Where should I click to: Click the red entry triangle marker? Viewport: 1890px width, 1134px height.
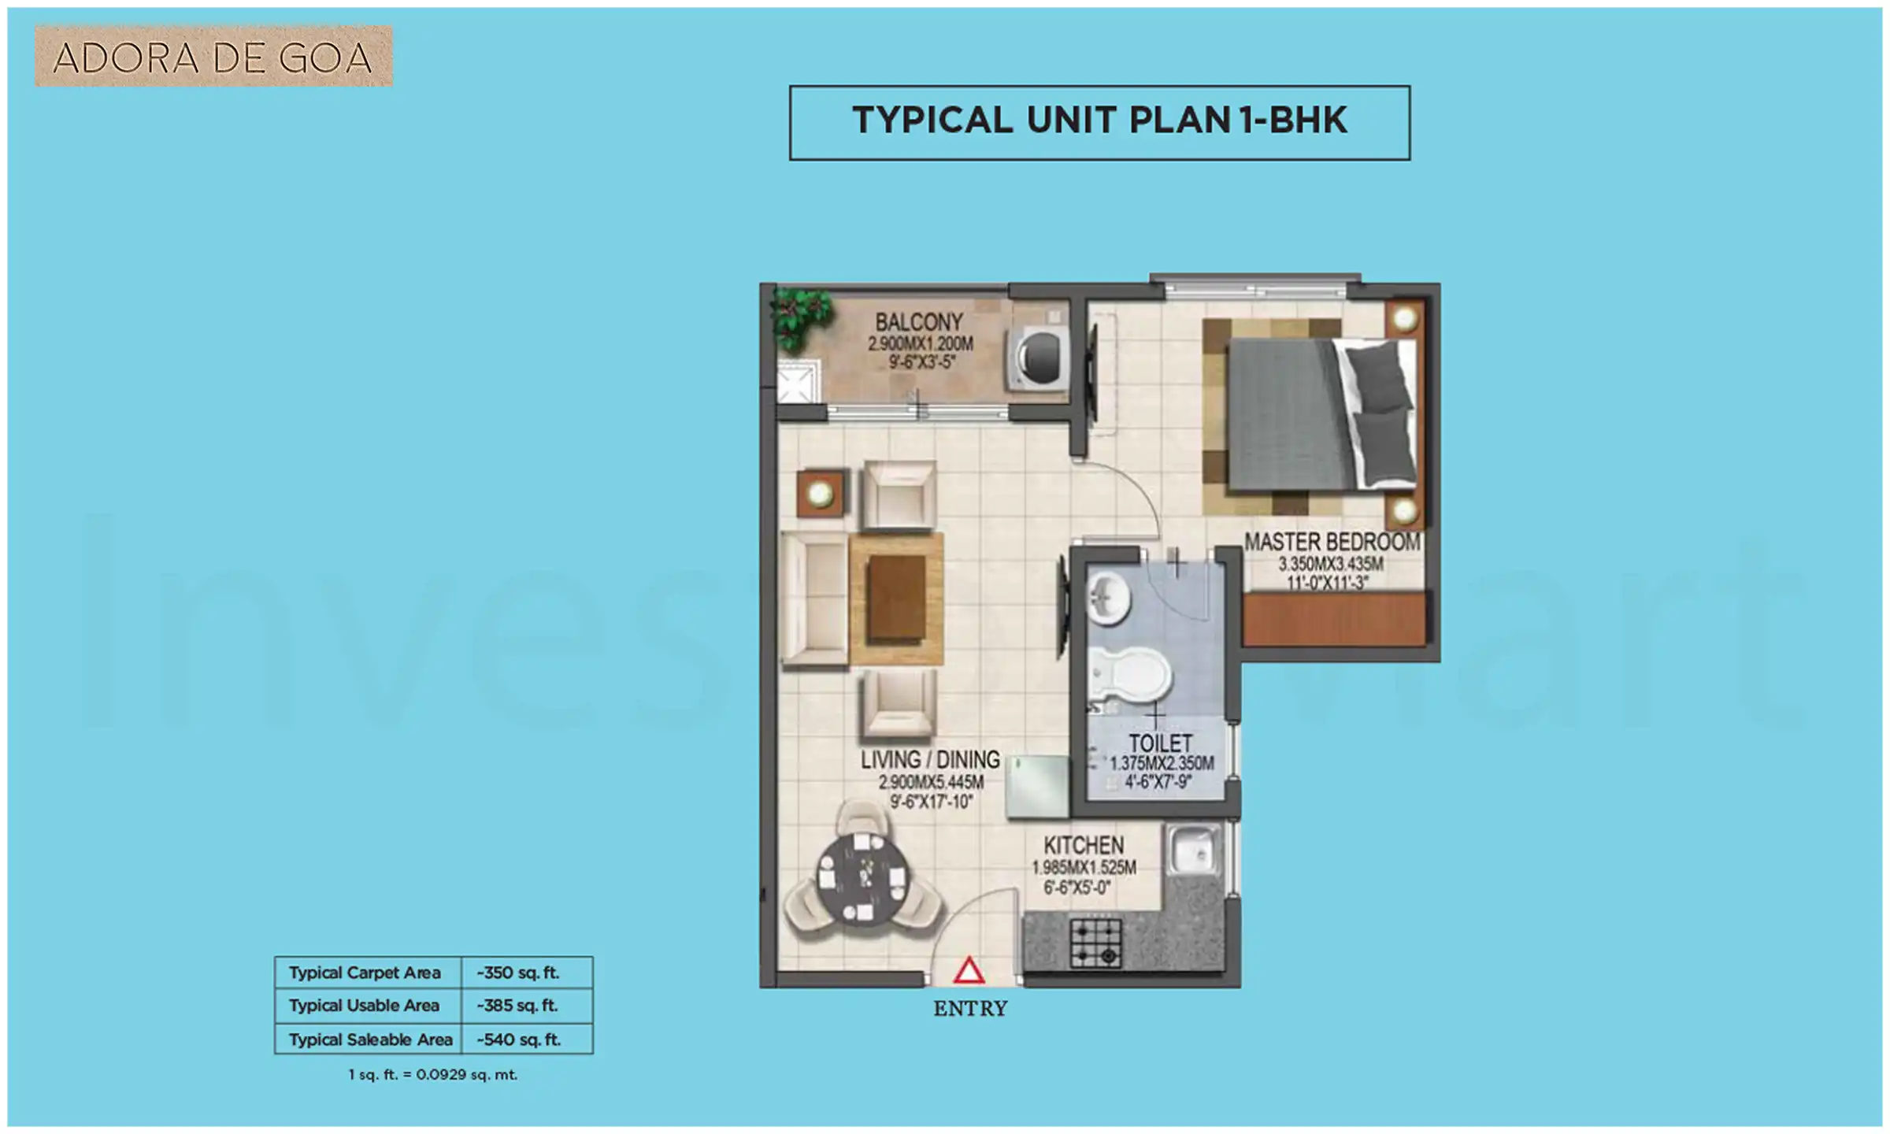click(x=969, y=971)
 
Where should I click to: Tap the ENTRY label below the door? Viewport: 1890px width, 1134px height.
click(x=970, y=1009)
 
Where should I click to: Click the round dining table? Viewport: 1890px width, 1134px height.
click(x=863, y=876)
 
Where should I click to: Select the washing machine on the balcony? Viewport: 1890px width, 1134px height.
click(x=1037, y=358)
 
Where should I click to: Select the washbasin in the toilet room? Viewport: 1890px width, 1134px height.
click(x=1109, y=598)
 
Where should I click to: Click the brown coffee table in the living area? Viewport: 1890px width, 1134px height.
click(x=897, y=598)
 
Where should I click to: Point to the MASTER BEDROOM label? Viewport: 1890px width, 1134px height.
click(x=1332, y=542)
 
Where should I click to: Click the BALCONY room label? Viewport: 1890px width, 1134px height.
click(x=919, y=322)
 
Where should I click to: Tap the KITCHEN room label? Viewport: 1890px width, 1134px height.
click(x=1084, y=846)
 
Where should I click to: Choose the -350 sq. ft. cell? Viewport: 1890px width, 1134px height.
click(x=518, y=973)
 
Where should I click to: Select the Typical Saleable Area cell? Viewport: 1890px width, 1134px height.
click(x=370, y=1039)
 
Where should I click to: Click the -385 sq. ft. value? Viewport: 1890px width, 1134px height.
click(x=517, y=1006)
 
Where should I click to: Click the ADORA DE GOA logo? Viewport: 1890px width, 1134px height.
click(x=213, y=57)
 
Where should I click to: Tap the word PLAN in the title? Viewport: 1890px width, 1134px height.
click(x=1180, y=120)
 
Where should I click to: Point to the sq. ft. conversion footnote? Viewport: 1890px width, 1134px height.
click(x=433, y=1075)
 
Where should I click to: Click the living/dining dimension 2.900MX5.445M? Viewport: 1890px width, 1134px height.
click(x=931, y=782)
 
